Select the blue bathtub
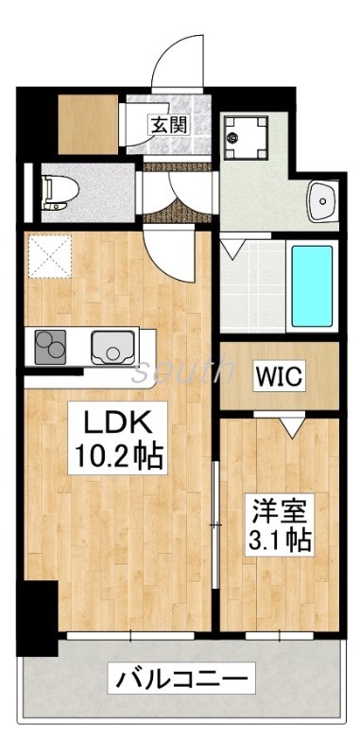[x=311, y=285]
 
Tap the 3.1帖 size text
[x=280, y=541]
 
